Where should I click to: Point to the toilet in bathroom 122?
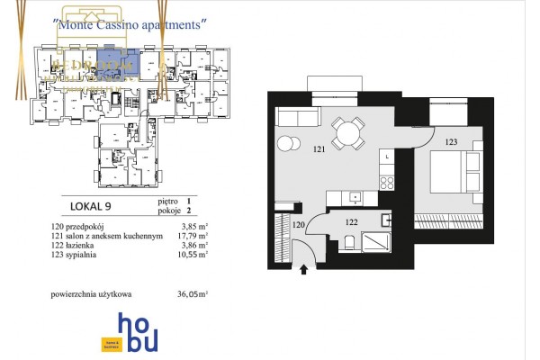pos(388,219)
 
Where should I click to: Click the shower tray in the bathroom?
pos(374,243)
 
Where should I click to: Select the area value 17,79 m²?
pos(193,236)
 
